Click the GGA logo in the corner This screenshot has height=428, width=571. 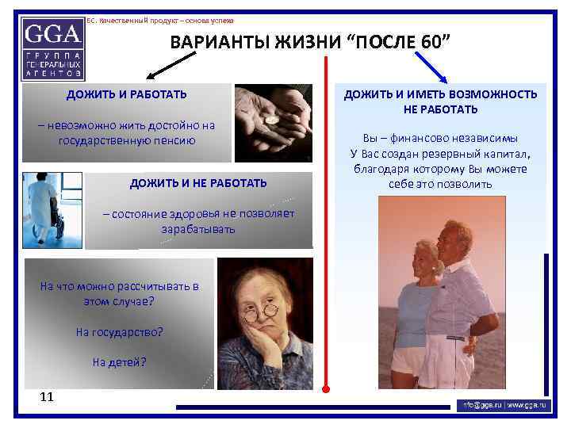coord(53,48)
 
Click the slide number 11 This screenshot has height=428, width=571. coord(46,396)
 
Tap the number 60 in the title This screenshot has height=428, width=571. coord(432,42)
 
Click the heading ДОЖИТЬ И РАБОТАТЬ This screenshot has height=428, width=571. coord(127,95)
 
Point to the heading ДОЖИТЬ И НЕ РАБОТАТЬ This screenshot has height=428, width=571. coord(198,184)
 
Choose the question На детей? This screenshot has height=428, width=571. coord(119,362)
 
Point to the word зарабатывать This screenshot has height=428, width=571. coord(198,229)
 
